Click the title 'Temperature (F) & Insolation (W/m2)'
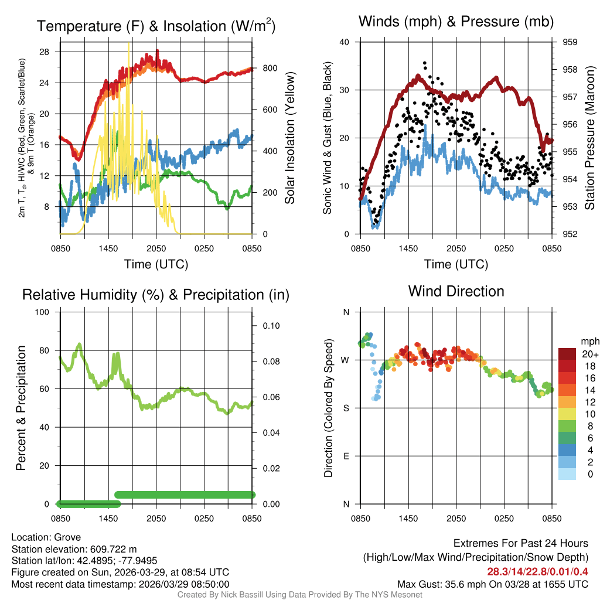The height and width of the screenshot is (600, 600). click(156, 26)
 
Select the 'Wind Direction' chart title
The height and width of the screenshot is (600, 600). click(456, 291)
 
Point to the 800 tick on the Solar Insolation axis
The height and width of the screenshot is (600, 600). click(270, 68)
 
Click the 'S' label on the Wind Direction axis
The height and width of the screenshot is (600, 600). click(346, 408)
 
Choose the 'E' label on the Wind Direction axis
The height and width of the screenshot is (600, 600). click(346, 456)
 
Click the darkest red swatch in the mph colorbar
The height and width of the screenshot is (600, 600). click(567, 354)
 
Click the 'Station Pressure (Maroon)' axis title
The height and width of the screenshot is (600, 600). click(589, 138)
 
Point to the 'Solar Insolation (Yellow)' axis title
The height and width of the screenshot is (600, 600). click(289, 138)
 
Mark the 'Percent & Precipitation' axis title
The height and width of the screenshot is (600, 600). click(21, 408)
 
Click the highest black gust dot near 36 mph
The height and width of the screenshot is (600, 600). click(424, 63)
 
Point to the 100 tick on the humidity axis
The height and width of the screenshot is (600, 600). click(42, 312)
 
